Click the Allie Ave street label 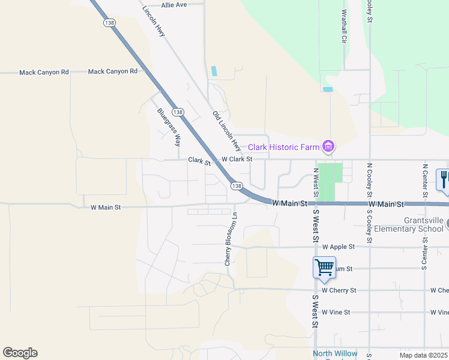point(174,4)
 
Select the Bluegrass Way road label point(169,127)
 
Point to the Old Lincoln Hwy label point(226,130)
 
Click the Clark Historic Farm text point(283,147)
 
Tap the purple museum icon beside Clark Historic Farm point(328,146)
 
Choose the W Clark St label point(237,160)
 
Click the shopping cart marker point(324,267)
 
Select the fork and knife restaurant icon point(444,179)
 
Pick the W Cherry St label point(339,290)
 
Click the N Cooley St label point(370,179)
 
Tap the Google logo point(20,353)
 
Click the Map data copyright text point(424,355)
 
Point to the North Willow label point(334,353)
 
